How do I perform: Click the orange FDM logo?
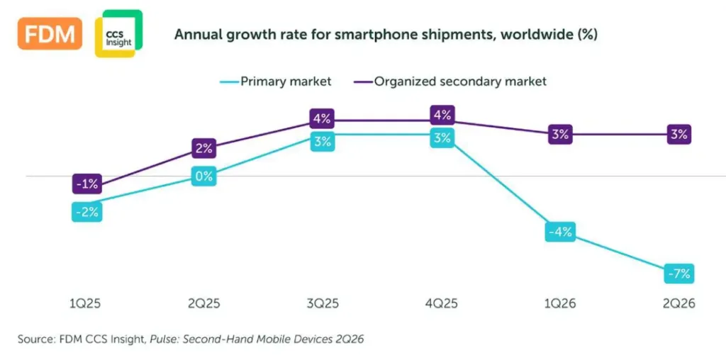50,34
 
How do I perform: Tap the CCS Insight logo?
118,34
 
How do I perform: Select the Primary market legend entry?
275,81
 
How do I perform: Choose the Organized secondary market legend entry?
449,81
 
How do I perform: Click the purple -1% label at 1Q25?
87,184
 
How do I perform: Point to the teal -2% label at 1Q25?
87,212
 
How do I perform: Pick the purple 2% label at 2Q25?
204,149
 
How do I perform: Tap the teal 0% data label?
204,176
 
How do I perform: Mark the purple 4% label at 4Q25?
442,116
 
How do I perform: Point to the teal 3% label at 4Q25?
442,138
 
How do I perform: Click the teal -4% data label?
561,232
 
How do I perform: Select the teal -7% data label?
679,274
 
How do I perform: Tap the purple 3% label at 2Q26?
679,135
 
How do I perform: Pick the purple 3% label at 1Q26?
561,135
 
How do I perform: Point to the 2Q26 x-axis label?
678,303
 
